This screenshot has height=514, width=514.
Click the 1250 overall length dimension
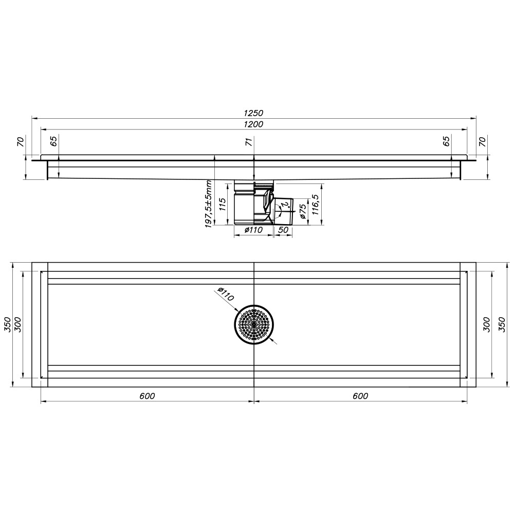point(254,113)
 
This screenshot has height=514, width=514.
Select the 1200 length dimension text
point(254,124)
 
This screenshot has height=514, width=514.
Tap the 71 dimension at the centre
point(249,141)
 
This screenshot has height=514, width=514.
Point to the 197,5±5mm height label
point(208,204)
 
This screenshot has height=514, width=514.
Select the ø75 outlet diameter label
point(303,211)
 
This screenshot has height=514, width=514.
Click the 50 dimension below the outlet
point(283,230)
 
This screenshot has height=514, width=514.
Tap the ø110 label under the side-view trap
point(253,230)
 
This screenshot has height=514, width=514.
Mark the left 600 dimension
point(147,396)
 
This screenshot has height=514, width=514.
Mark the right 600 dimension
point(361,396)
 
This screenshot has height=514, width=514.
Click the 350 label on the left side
point(7,325)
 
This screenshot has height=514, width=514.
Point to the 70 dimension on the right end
point(482,141)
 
